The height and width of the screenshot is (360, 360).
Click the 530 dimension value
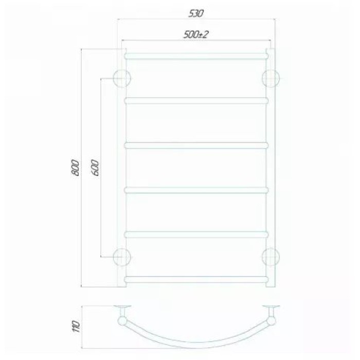point(196,13)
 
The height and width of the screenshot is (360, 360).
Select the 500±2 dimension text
point(196,34)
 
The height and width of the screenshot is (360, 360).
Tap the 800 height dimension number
point(75,167)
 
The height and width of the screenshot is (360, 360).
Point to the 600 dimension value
point(96,168)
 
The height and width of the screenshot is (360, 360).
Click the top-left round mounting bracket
point(122,78)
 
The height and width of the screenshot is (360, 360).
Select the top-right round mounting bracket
point(271,78)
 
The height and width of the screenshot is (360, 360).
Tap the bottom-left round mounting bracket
point(122,257)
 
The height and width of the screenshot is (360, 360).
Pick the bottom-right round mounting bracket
point(271,257)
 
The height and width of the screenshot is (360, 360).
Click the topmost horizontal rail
point(196,56)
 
